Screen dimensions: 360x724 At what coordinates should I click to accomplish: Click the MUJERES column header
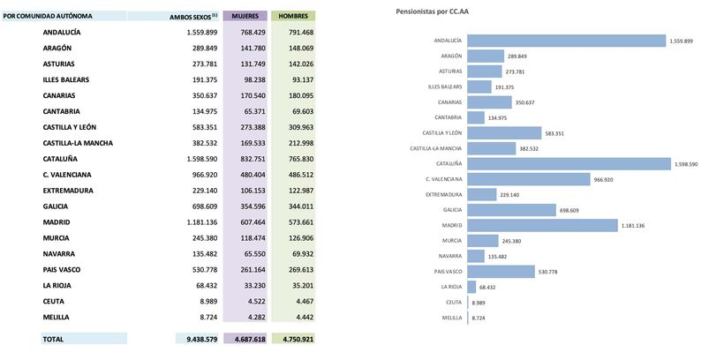click(245, 17)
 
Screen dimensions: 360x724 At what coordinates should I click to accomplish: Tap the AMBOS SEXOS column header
click(193, 17)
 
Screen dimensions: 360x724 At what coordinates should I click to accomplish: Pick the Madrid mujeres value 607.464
click(248, 222)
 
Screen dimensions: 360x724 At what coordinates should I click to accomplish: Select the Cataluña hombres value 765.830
click(296, 159)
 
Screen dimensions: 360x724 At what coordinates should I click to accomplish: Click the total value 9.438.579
click(195, 338)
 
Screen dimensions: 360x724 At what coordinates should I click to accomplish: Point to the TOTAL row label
click(55, 338)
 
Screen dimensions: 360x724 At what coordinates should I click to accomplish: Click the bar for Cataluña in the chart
click(569, 163)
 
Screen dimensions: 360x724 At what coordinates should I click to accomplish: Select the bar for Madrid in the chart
click(541, 225)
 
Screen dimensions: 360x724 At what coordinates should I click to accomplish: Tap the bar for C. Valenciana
click(527, 179)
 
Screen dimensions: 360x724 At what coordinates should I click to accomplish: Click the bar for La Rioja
click(471, 287)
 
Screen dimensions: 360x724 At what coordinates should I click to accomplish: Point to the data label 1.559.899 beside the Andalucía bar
click(681, 41)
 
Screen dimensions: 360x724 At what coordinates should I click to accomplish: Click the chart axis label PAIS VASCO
click(445, 271)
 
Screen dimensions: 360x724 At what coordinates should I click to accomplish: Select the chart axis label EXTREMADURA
click(443, 194)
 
